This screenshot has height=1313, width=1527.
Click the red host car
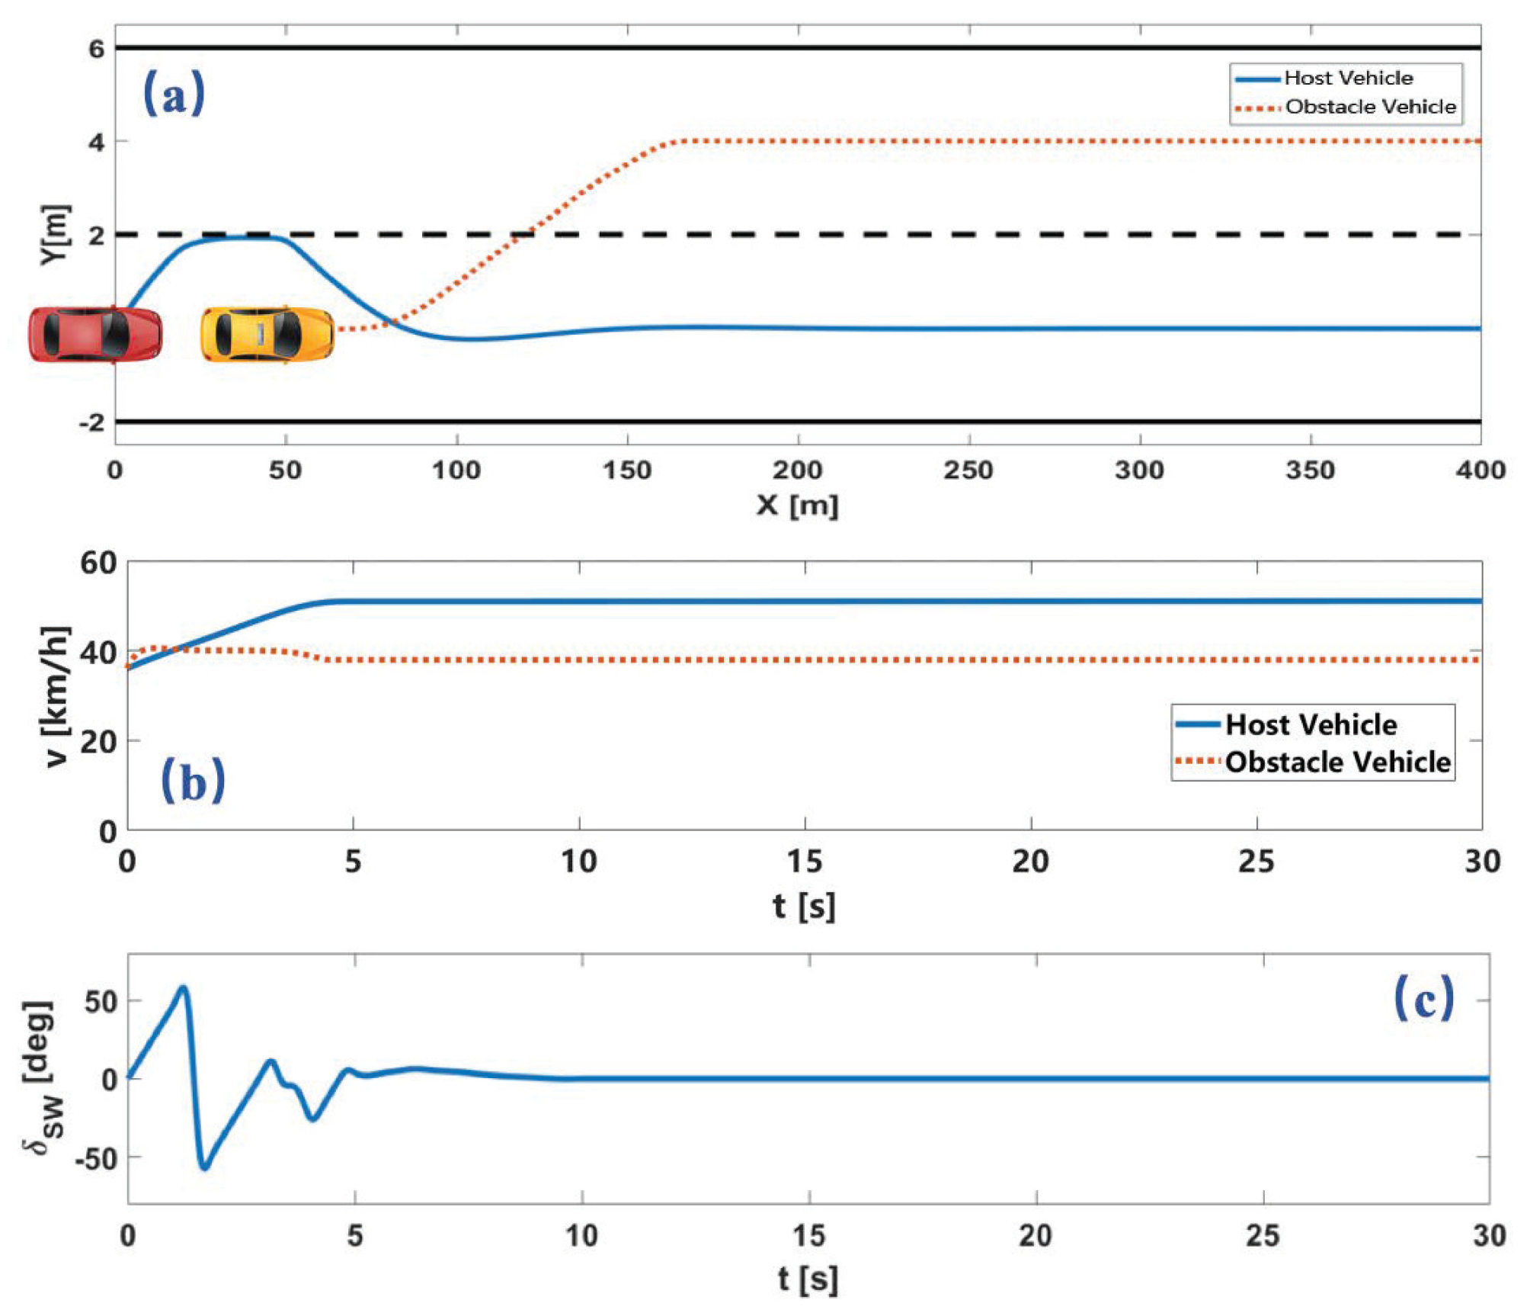95,334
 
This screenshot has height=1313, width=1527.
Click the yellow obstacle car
267,334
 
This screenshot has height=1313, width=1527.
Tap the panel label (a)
174,93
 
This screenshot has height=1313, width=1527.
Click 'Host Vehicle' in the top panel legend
1348,78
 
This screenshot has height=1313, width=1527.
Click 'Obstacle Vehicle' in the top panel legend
1370,107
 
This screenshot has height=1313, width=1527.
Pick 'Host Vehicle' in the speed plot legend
1311,724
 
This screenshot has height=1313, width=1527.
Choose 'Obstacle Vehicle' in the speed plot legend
1337,762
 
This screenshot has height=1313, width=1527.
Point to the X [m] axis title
797,505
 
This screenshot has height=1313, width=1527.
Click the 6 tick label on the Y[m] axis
96,49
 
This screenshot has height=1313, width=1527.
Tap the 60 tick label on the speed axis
98,563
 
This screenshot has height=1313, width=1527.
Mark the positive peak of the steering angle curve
183,988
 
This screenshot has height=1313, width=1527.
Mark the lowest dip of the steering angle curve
204,1167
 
